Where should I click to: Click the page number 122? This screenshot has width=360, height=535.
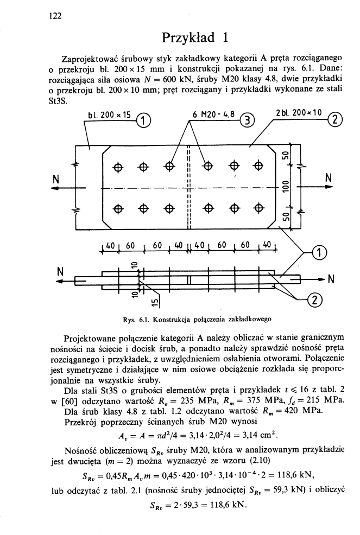pyautogui.click(x=53, y=16)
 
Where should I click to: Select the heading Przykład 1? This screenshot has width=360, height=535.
pyautogui.click(x=194, y=39)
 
